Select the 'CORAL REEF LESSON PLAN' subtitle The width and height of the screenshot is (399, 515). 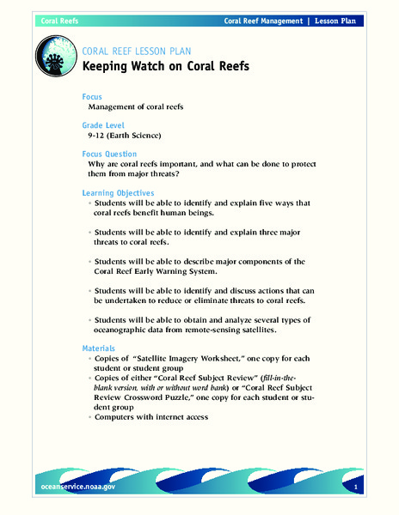[x=143, y=50]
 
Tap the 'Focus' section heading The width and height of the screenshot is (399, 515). [x=93, y=96]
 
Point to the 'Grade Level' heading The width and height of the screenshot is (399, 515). [x=105, y=124]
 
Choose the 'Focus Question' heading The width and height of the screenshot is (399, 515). [x=112, y=154]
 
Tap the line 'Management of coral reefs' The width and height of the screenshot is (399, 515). [x=141, y=106]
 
